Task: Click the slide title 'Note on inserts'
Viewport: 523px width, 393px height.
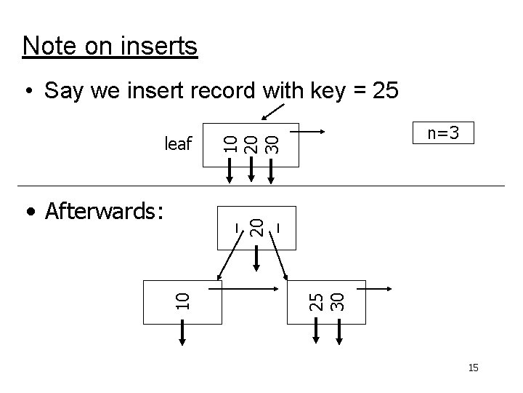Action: [x=110, y=46]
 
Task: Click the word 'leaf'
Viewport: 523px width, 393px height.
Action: [x=178, y=143]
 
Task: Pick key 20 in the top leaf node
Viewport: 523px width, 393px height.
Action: [x=251, y=141]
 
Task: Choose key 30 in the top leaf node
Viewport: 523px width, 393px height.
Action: [x=271, y=141]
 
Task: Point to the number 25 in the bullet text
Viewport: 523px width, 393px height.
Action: [x=384, y=91]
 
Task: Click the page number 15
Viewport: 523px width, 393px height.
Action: [x=473, y=368]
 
